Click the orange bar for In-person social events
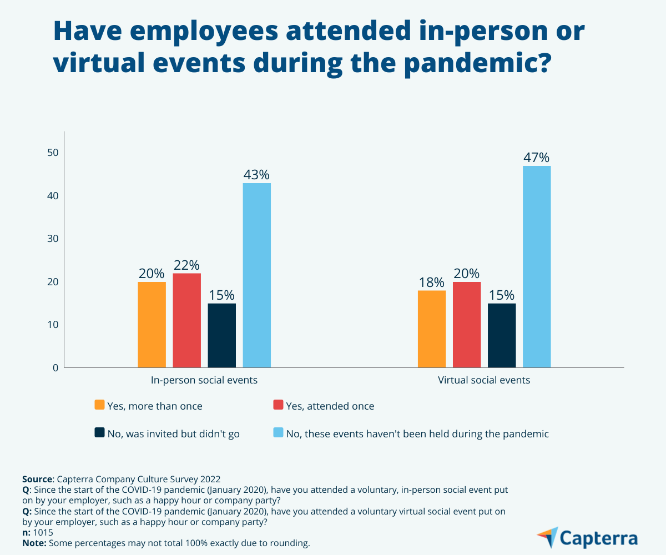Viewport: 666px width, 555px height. click(152, 325)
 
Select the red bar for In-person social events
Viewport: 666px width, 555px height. click(186, 320)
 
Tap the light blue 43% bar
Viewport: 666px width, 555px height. click(257, 275)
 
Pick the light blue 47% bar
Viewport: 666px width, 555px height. click(537, 266)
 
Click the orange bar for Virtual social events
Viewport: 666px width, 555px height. click(432, 329)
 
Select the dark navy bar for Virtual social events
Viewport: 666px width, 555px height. click(502, 335)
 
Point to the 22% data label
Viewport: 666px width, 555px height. click(186, 265)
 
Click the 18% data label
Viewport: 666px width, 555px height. click(432, 282)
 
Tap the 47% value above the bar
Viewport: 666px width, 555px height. click(537, 158)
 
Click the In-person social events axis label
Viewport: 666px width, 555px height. click(204, 381)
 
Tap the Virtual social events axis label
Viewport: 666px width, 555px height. click(484, 381)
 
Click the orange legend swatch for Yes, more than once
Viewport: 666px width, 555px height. click(100, 405)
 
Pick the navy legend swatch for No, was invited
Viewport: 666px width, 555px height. click(100, 432)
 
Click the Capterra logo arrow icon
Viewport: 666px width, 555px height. click(548, 537)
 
